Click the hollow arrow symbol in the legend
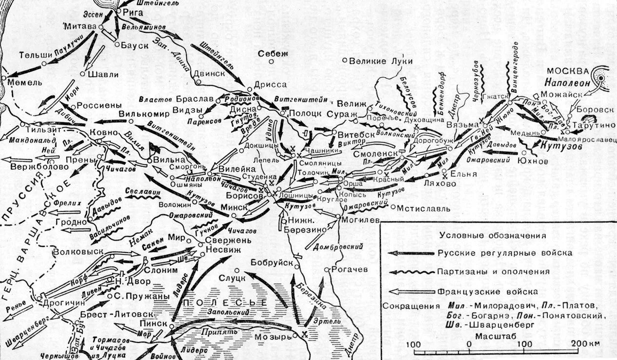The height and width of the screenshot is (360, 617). point(411,292)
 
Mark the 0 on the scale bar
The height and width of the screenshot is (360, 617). point(469,344)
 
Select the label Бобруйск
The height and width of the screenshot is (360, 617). point(271,263)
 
